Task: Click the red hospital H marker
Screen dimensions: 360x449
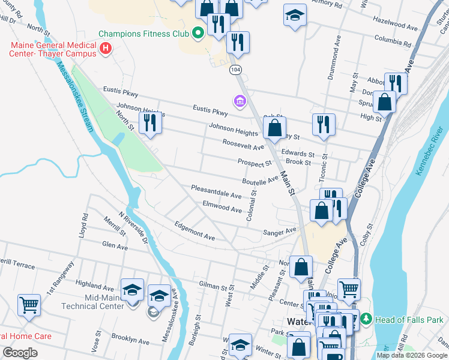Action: [106, 48]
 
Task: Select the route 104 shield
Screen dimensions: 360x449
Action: [235, 70]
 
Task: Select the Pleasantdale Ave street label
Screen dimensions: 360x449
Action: [216, 192]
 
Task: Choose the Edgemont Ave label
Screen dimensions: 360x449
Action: [194, 233]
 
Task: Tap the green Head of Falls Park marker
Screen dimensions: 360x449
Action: [367, 319]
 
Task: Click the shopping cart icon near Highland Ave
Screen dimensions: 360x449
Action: [29, 305]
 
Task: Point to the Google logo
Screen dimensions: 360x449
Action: [20, 353]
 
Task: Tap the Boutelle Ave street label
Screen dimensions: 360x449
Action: [261, 179]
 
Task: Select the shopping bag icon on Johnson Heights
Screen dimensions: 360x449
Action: [274, 127]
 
